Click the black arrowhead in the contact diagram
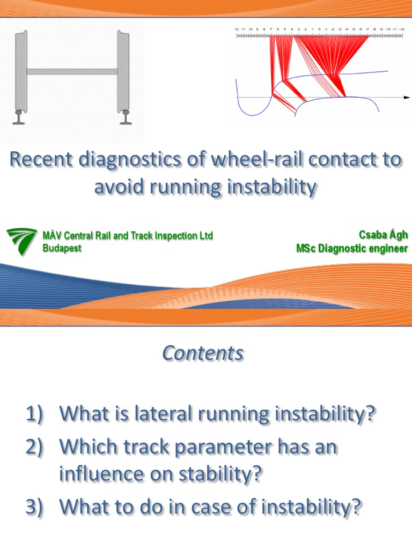point(407,98)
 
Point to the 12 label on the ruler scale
point(237,29)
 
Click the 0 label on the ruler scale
point(319,29)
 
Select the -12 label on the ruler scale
point(401,29)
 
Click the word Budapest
point(62,249)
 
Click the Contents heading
point(203,353)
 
